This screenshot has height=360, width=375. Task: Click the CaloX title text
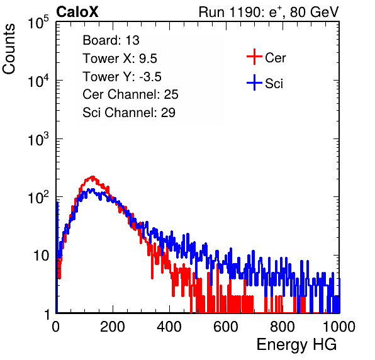click(77, 12)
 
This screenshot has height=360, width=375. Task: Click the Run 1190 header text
click(269, 12)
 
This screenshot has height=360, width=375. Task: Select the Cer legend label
click(275, 58)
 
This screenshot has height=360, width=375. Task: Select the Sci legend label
click(274, 84)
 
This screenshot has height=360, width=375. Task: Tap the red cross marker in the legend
click(254, 57)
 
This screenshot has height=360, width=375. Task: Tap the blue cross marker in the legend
click(254, 82)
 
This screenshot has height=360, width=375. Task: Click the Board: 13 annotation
click(111, 40)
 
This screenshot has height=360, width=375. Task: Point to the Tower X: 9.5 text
click(120, 59)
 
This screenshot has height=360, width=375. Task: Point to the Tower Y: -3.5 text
click(122, 77)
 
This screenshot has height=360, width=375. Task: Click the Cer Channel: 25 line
click(130, 94)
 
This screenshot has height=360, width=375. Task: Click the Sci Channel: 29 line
click(129, 113)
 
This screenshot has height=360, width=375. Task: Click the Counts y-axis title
click(9, 49)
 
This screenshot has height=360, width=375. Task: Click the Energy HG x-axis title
click(296, 344)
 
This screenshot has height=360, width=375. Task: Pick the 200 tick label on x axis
click(113, 327)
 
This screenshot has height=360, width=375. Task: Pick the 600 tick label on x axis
click(226, 327)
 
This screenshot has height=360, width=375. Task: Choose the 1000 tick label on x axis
click(339, 327)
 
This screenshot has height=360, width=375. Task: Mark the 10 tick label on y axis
click(42, 256)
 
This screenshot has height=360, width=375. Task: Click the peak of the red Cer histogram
click(92, 177)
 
